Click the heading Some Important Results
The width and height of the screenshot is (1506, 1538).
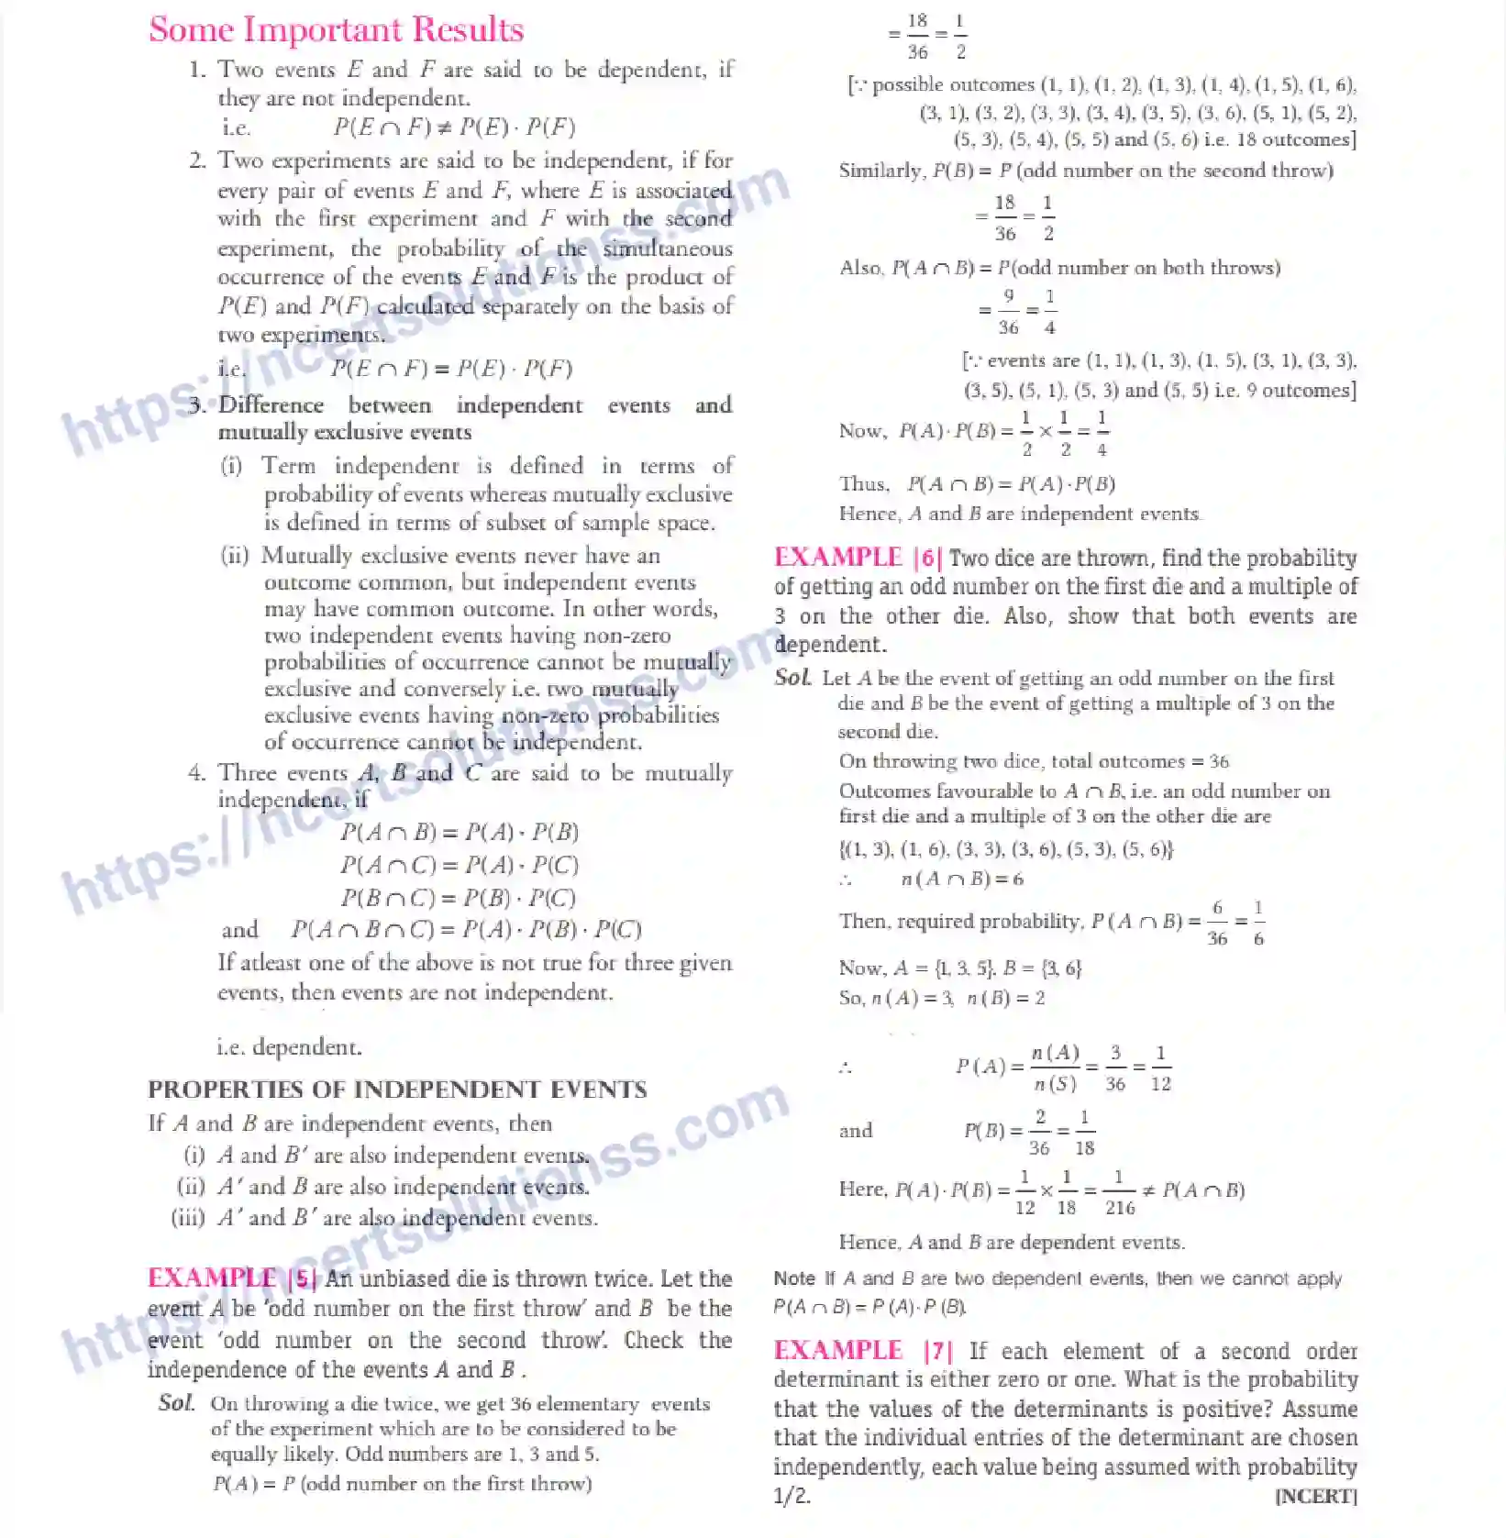point(336,30)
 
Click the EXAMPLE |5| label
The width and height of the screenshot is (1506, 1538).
point(232,1278)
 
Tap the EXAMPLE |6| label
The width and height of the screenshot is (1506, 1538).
point(858,558)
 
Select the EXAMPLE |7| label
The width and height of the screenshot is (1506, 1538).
point(863,1351)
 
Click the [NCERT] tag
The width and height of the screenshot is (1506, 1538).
point(1315,1497)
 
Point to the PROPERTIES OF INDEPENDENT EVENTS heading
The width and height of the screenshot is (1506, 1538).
point(397,1090)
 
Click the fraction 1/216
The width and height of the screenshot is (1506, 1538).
point(1119,1191)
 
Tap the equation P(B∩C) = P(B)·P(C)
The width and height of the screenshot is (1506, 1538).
point(459,898)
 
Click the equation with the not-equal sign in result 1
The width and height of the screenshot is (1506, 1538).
point(454,127)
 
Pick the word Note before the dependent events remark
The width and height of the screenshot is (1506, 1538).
point(794,1278)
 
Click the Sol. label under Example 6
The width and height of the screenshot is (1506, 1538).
point(792,678)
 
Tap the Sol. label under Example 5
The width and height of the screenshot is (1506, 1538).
point(176,1402)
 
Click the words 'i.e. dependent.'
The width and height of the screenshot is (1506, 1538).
point(289,1047)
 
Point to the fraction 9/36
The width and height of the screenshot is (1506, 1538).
point(1008,311)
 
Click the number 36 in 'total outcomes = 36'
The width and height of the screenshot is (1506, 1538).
point(1219,761)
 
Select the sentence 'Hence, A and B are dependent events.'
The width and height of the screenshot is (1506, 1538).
point(1012,1243)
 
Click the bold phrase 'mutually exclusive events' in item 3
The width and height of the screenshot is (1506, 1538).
point(345,432)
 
